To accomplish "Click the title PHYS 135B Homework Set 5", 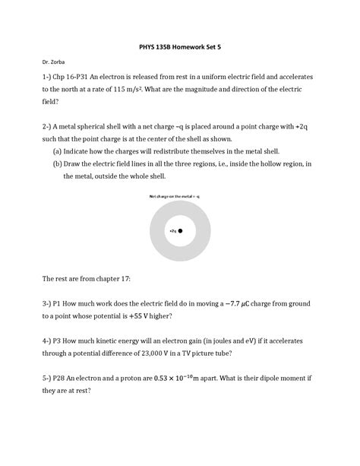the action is click(179, 47).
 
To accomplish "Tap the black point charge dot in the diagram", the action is click(181, 230).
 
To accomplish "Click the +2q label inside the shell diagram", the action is click(172, 230).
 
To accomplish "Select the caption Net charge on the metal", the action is click(179, 197).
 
